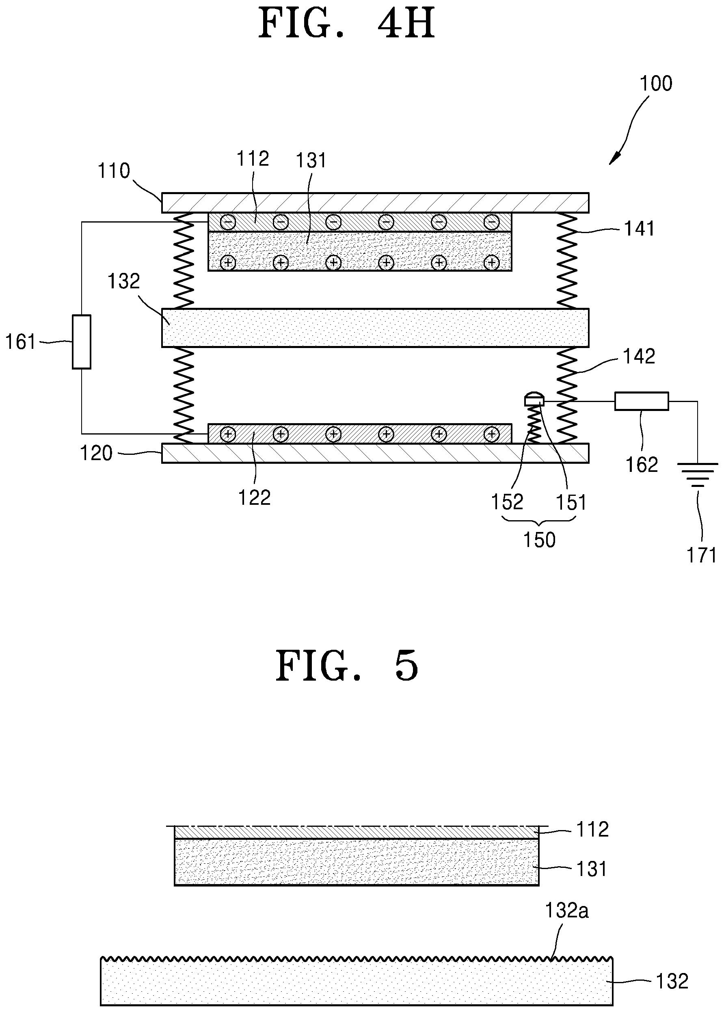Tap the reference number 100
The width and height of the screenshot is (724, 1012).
click(x=656, y=83)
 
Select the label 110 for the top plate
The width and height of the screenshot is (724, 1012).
click(x=114, y=170)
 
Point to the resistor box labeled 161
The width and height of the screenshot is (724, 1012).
click(x=82, y=342)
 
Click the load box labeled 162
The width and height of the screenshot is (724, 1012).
click(x=642, y=401)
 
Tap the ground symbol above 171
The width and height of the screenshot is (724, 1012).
click(x=698, y=475)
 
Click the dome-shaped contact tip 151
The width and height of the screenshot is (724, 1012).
click(x=534, y=398)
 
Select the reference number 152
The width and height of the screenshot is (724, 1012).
click(x=507, y=502)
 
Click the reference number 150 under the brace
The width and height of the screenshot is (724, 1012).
click(x=539, y=540)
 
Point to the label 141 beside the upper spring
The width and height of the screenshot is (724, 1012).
click(x=639, y=229)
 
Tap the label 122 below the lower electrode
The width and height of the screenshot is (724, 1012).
click(x=254, y=497)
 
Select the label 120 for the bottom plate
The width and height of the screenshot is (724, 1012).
click(x=96, y=453)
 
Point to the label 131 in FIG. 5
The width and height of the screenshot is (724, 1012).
click(x=592, y=869)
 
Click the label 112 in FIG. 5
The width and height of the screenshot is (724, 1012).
click(x=592, y=829)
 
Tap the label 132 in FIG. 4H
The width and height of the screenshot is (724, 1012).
click(x=124, y=281)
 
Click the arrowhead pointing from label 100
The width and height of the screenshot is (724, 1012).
click(x=613, y=160)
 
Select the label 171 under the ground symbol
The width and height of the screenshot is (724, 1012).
click(x=702, y=555)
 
